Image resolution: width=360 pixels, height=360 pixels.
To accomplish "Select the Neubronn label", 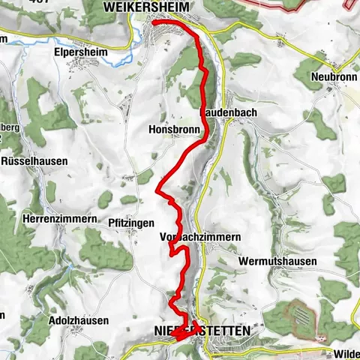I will [330, 76].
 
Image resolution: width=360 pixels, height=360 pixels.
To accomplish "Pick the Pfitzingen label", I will [131, 223].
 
